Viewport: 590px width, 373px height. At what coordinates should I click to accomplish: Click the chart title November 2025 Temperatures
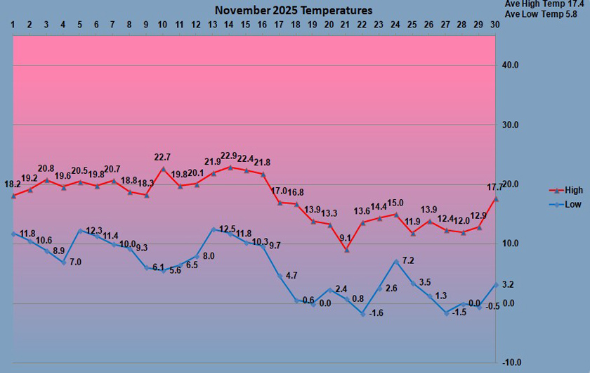pyautogui.click(x=294, y=11)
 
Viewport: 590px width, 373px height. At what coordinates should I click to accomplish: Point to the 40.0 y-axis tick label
pyautogui.click(x=511, y=65)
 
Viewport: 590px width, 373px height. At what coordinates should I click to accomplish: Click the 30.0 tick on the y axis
pyautogui.click(x=511, y=125)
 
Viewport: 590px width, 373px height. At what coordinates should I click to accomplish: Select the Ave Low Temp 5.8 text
pyautogui.click(x=544, y=14)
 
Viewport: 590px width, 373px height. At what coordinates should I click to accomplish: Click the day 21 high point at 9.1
pyautogui.click(x=346, y=250)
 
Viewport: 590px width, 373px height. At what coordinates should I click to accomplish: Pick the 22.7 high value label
pyautogui.click(x=163, y=158)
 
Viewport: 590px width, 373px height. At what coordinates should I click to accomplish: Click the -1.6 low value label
pyautogui.click(x=376, y=312)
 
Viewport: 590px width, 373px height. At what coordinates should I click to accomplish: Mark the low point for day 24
pyautogui.click(x=396, y=261)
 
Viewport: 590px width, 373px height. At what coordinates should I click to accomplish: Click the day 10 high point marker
pyautogui.click(x=163, y=169)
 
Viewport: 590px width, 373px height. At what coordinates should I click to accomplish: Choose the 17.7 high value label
pyautogui.click(x=494, y=188)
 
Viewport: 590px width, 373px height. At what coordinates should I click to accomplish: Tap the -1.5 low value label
pyautogui.click(x=458, y=312)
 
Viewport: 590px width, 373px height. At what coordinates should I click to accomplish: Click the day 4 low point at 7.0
pyautogui.click(x=63, y=262)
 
